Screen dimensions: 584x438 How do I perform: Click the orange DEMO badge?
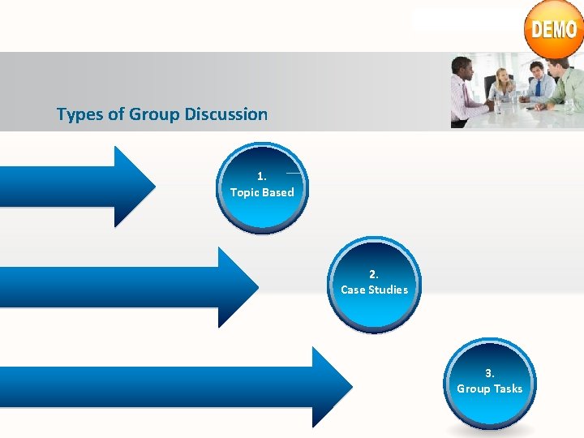(554, 30)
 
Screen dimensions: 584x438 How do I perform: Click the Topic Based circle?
(262, 188)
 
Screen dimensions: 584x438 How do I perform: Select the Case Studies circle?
(375, 285)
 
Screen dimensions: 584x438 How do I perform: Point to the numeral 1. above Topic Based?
(261, 176)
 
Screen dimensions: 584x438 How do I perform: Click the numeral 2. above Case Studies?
(374, 274)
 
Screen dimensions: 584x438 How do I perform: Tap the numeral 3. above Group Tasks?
(489, 373)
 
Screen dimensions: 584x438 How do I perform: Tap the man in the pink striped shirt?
(467, 89)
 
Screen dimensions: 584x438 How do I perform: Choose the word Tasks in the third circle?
(508, 389)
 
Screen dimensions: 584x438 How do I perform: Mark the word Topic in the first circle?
(244, 193)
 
